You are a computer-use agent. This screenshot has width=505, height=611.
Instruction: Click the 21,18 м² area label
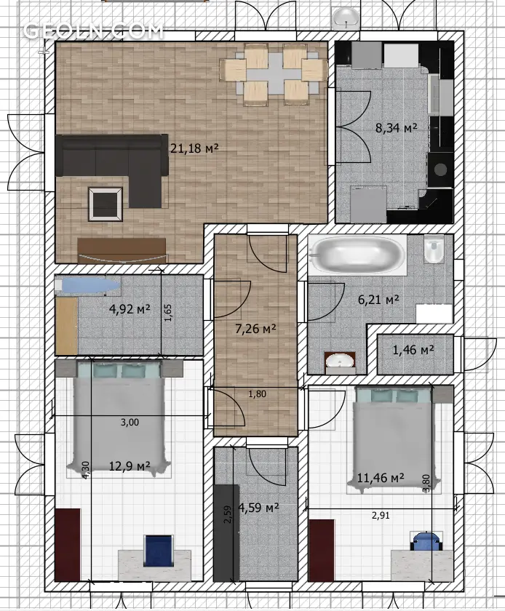coord(194,148)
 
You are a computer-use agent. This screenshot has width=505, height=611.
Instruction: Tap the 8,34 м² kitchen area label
coord(396,127)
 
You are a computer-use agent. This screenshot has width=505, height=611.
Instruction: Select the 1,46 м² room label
coord(413,350)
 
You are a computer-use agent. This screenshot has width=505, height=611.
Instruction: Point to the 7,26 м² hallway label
coord(256,329)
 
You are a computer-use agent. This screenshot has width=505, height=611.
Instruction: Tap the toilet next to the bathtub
coord(433,249)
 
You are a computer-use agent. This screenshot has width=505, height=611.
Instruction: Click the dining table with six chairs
coord(273,73)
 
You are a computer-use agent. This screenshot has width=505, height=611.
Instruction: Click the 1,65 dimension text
coord(167,313)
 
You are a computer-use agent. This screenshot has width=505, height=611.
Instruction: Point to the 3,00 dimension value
coord(130,422)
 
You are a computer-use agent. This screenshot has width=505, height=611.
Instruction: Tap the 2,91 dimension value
coord(381,516)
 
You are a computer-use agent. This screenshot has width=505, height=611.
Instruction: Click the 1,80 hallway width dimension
coord(258,394)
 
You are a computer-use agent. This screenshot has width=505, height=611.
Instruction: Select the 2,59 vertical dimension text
coord(228,514)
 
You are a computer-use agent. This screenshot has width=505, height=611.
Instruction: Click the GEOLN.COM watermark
coord(93,31)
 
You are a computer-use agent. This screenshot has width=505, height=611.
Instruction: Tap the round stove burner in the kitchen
coord(441,169)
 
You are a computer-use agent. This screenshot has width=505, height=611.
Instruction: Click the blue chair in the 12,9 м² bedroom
coord(159,550)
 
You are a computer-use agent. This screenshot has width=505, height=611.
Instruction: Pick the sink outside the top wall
coord(346,17)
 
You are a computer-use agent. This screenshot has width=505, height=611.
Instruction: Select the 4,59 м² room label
coord(258,508)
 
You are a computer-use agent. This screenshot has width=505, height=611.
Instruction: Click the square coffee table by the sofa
coord(106,204)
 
